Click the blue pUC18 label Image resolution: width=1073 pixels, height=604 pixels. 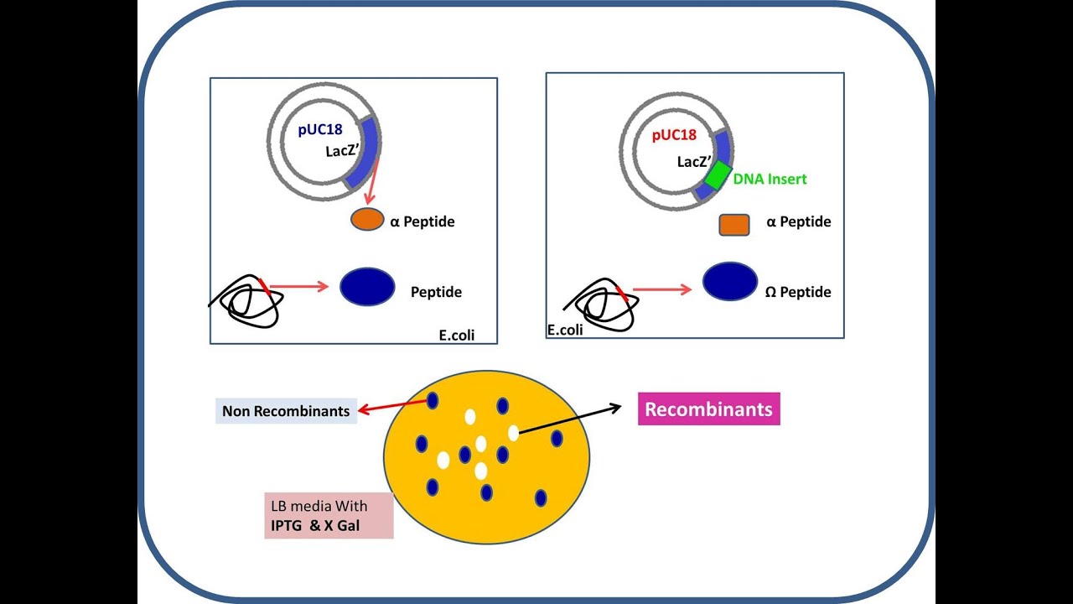320,131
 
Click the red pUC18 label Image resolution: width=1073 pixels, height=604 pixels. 673,135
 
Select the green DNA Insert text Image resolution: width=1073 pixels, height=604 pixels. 770,179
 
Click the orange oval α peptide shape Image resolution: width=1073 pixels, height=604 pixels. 366,220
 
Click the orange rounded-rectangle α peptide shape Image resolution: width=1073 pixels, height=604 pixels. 733,225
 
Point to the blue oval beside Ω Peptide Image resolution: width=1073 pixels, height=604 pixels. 729,282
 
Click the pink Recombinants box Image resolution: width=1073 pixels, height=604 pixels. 708,409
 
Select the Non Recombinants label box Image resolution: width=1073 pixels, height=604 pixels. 286,411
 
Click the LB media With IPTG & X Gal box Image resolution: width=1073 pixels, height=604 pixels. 329,515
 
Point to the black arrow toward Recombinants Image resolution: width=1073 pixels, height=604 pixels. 570,420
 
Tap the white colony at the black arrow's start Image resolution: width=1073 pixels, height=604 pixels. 513,433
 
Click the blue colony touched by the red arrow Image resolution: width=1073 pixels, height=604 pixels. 433,401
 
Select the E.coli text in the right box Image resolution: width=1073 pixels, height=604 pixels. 564,330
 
